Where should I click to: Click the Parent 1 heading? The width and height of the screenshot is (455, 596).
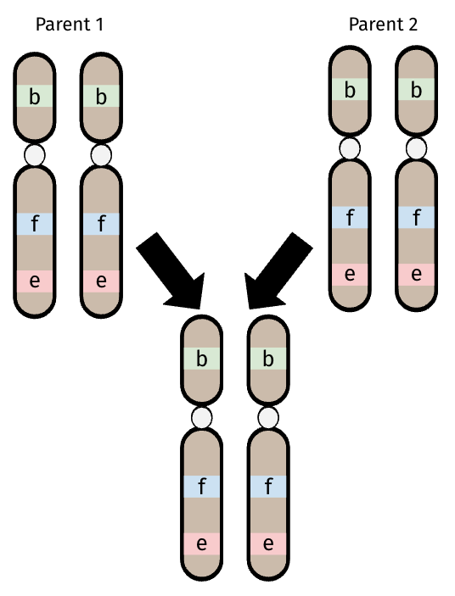click(x=70, y=25)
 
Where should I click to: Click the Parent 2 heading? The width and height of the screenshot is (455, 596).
click(x=383, y=25)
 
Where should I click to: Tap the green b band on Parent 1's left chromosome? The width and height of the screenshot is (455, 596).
click(x=35, y=96)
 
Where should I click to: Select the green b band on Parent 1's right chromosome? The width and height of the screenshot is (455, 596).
click(x=101, y=96)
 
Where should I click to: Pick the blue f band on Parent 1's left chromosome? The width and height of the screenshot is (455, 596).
click(x=35, y=224)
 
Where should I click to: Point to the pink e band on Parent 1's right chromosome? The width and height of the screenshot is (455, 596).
click(x=101, y=281)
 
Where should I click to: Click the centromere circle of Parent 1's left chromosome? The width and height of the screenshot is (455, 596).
click(x=35, y=155)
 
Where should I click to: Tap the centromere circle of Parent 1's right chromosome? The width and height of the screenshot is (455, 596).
click(x=101, y=155)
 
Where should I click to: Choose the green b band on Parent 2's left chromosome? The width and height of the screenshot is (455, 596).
click(x=350, y=89)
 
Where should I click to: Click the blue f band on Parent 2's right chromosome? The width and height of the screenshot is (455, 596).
click(x=417, y=217)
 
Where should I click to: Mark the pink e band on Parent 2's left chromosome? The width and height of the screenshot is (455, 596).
click(x=350, y=275)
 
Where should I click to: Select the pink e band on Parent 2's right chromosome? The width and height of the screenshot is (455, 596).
click(x=417, y=275)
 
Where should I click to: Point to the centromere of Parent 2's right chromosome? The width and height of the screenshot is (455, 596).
click(x=417, y=148)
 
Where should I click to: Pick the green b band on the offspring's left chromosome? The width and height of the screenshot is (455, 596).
click(x=202, y=359)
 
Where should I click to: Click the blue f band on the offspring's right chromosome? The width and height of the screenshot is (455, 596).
click(x=268, y=487)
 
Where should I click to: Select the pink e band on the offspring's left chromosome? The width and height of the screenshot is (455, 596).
click(x=202, y=544)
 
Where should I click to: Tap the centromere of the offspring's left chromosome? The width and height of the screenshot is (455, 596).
click(x=202, y=418)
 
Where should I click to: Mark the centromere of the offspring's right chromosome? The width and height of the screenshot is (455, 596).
click(x=268, y=418)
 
